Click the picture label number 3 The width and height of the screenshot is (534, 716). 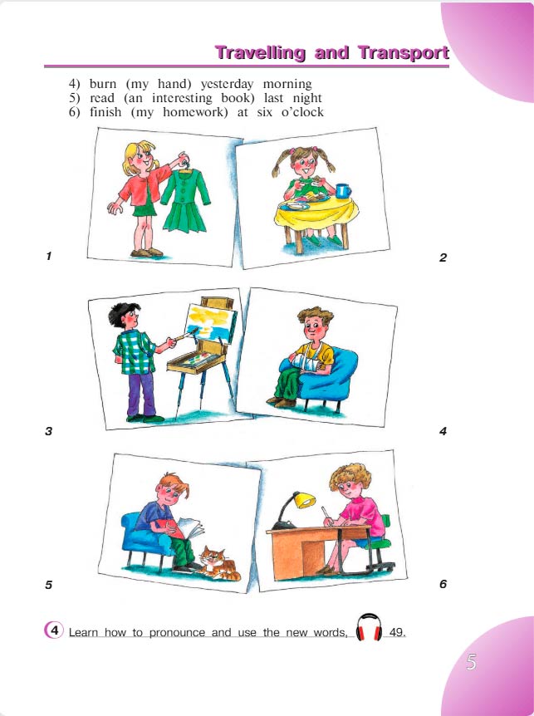(49, 431)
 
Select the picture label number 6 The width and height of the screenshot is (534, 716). (443, 584)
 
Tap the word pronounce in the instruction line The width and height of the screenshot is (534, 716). (178, 633)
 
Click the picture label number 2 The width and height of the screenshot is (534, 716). (443, 257)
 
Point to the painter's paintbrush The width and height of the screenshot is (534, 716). (182, 336)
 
